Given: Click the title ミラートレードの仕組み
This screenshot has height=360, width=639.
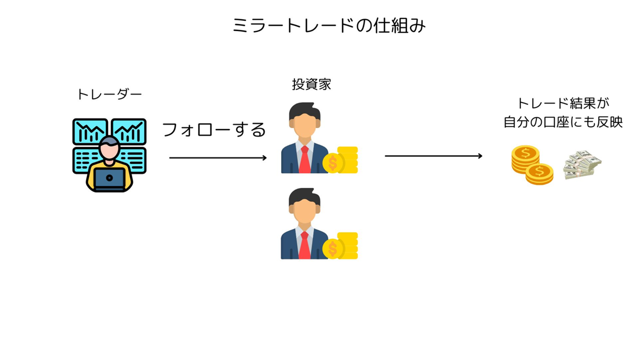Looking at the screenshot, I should click(328, 26).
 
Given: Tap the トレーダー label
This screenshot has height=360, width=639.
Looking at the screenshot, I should click(109, 95).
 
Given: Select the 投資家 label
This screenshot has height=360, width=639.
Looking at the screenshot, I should click(311, 85).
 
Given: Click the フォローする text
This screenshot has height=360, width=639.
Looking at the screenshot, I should click(214, 129).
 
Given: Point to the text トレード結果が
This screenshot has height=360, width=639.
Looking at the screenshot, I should click(562, 104).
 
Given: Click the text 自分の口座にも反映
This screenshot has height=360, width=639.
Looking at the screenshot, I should click(562, 123).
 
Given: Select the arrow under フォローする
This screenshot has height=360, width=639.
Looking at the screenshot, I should click(218, 158).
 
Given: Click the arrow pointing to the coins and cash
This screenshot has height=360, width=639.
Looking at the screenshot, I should click(433, 156).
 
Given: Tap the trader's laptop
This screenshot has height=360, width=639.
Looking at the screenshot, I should click(109, 178).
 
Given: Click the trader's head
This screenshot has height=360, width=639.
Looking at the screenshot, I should click(109, 148).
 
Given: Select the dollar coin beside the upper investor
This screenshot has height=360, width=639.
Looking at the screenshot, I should click(333, 163).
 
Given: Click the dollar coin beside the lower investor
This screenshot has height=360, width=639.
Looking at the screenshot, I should click(333, 248).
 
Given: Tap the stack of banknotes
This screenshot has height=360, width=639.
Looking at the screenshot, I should click(582, 164).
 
